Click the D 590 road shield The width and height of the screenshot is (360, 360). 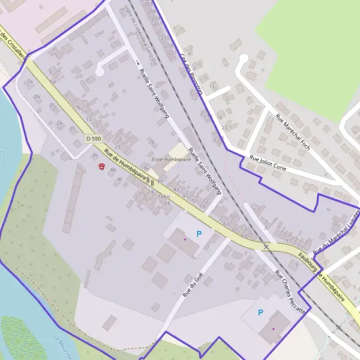(x=93, y=139)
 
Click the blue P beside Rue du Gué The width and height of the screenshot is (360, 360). (x=199, y=233)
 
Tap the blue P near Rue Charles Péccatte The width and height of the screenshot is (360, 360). (x=260, y=312)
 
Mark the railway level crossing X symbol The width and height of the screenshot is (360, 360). (x=266, y=246)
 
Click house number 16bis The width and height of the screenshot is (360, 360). (x=164, y=197)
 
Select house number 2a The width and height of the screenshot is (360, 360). (x=29, y=81)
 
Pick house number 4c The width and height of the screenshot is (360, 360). (x=95, y=155)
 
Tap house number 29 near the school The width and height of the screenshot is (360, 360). (x=151, y=142)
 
